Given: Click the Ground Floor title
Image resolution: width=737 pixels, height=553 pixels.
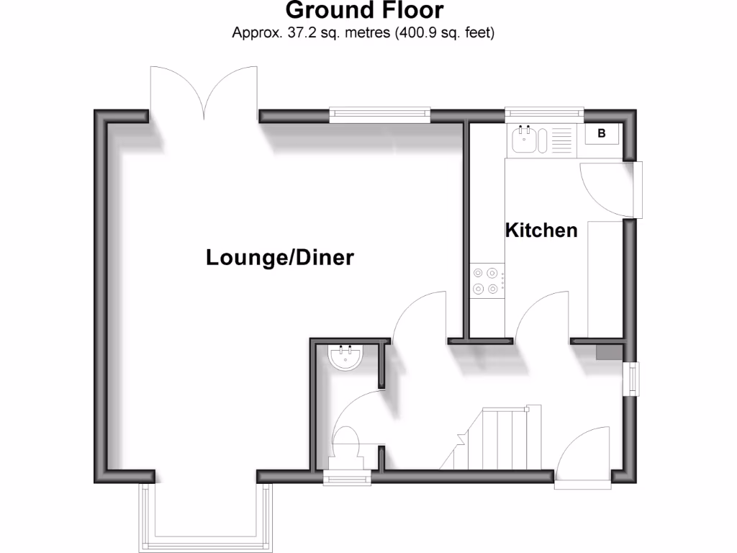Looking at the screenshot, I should (x=364, y=11).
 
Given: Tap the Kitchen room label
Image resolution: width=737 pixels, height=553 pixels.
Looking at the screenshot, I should (x=541, y=230).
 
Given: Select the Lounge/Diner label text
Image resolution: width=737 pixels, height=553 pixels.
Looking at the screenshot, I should (x=280, y=257).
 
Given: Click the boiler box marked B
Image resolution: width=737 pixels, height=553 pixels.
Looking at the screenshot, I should (x=601, y=133).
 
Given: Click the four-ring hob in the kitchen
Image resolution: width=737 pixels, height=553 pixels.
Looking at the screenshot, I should (x=485, y=281).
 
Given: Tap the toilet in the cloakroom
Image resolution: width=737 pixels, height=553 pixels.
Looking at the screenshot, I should (x=347, y=442).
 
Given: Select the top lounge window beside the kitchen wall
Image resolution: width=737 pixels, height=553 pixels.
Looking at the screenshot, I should (x=380, y=113).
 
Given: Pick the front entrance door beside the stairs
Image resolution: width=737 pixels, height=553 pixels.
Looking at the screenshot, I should (x=584, y=458).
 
